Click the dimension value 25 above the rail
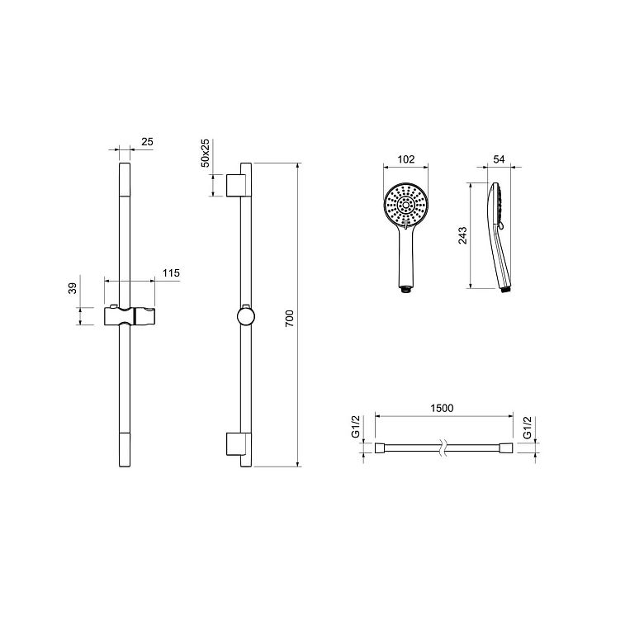click(147, 142)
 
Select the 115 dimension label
click(171, 273)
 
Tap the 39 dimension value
click(73, 288)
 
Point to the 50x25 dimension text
click(205, 153)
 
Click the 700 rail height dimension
click(290, 319)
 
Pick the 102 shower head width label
click(406, 159)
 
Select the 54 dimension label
click(499, 159)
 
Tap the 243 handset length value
click(463, 236)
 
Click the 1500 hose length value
click(442, 408)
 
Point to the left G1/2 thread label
click(356, 427)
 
